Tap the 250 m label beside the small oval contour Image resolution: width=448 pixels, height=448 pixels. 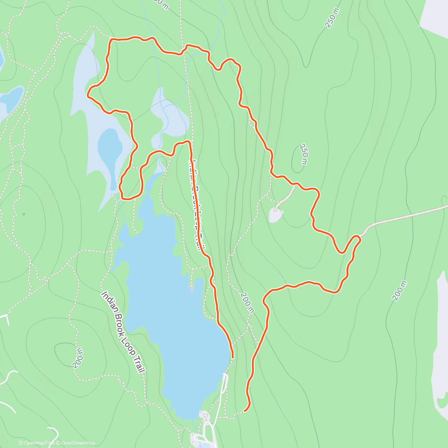[x=305, y=154]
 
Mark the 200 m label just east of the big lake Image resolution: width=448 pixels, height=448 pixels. [x=247, y=302]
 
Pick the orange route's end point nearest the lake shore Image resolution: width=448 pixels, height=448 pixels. [x=233, y=357]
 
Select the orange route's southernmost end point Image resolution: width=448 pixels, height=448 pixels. [x=245, y=411]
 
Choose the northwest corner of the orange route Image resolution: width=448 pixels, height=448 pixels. [x=111, y=39]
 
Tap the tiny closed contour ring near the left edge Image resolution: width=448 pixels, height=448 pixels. [x=23, y=214]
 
